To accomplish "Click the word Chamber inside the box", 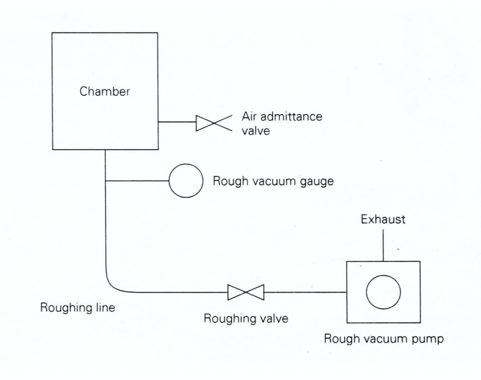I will coord(104,91).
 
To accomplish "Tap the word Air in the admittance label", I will coord(249,116).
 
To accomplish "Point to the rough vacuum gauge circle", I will coord(186,181).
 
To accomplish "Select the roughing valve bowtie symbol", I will coord(246,292).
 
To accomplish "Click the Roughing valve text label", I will coord(245,319).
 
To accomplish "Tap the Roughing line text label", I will coord(78,308).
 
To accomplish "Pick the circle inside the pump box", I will coord(383,292).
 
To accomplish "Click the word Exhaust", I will coord(383,219).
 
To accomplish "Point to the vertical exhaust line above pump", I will coord(383,245).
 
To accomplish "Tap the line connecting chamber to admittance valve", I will coord(177,122).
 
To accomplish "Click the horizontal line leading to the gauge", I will coord(137,181).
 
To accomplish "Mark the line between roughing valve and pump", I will coord(305,292).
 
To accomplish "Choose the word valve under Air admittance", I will coord(256,131).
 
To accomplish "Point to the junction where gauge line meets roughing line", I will coord(106,181).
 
